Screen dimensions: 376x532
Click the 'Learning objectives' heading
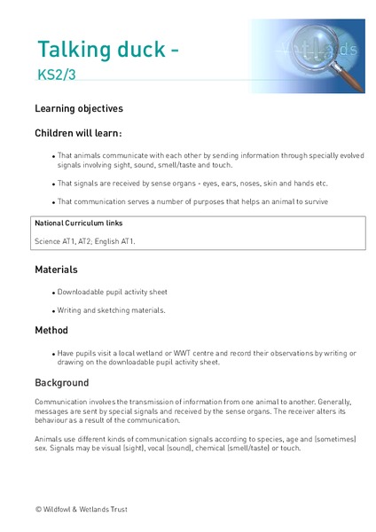click(x=79, y=109)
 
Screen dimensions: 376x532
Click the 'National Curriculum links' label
click(x=79, y=222)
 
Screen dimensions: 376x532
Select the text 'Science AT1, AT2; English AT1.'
click(x=85, y=240)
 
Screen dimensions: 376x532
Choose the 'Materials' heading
click(x=56, y=269)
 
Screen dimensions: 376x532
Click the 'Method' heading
click(x=51, y=330)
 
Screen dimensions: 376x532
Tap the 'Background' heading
click(x=62, y=383)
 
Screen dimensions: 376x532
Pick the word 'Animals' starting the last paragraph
click(x=50, y=439)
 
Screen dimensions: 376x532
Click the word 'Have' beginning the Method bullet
click(x=67, y=353)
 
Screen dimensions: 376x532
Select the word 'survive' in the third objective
click(x=314, y=201)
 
